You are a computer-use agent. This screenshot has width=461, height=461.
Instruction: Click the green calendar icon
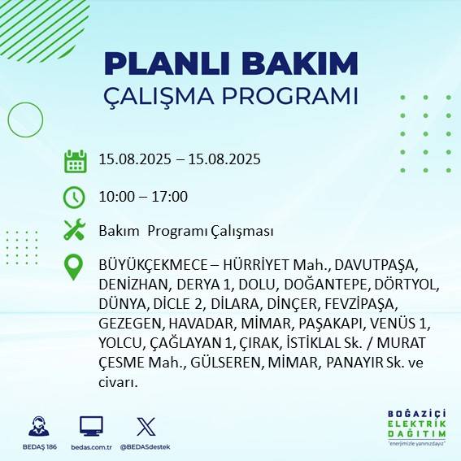point(75,160)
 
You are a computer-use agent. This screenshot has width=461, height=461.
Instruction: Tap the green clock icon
point(75,196)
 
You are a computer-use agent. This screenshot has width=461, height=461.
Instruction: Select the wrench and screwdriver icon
point(75,230)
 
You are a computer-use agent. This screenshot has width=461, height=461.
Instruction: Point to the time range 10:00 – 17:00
point(143,196)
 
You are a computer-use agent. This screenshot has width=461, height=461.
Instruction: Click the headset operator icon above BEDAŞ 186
point(37,427)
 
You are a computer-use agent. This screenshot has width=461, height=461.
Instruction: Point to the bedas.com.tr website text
point(91,447)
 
